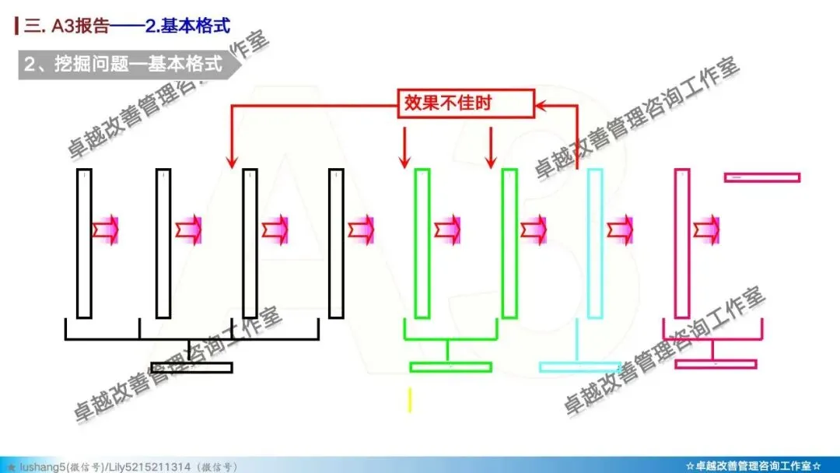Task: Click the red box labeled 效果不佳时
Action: (466, 103)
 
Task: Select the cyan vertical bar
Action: (595, 243)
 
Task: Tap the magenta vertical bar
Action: (682, 243)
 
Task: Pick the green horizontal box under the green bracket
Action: (450, 366)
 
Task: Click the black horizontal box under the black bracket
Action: (191, 367)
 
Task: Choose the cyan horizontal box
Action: (580, 366)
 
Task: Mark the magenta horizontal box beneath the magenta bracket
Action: (716, 363)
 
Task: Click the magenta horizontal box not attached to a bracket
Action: (761, 177)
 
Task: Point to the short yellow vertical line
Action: (409, 399)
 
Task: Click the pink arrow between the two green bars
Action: (448, 229)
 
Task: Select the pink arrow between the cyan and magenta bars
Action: (621, 229)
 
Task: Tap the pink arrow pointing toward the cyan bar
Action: (534, 229)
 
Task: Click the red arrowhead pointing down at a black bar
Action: (231, 161)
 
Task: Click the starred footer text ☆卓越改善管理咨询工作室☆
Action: (753, 466)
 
